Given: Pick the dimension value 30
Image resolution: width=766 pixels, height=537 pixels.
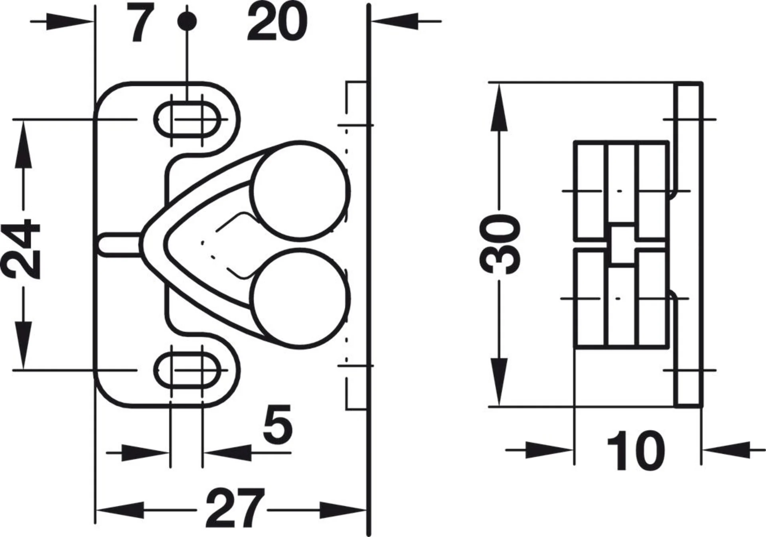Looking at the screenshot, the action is pos(500,244).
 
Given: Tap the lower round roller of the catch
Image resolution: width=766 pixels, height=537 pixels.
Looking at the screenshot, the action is pos(300,298).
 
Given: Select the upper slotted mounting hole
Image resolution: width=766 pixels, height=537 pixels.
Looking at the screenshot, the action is pos(188,119).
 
